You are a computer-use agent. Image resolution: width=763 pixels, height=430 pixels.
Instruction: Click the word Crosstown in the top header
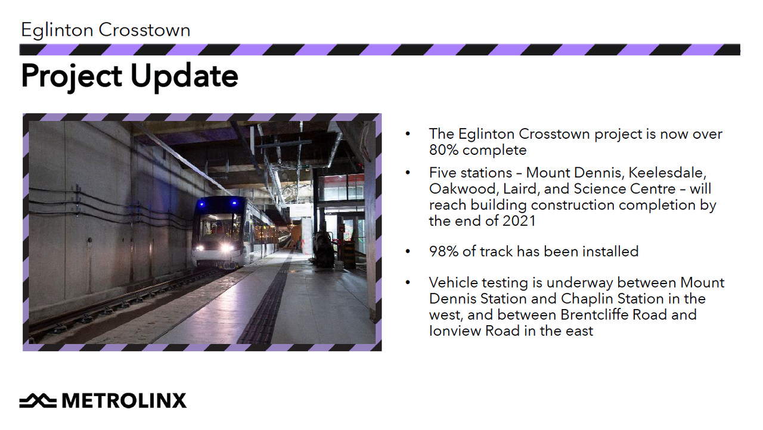[144, 30]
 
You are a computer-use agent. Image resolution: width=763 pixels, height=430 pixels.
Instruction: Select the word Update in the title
[184, 77]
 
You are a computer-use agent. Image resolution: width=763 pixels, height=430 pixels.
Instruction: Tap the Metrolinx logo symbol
[38, 400]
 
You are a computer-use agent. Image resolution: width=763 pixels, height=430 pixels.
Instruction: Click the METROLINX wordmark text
[125, 400]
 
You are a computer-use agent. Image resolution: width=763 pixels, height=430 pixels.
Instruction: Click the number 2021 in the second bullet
[519, 221]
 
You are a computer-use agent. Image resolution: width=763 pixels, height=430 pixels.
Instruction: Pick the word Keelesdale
[667, 173]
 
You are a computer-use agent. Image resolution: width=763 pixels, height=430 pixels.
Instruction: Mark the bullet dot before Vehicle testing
[408, 282]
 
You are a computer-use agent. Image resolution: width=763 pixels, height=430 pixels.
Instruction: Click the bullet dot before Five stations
[408, 173]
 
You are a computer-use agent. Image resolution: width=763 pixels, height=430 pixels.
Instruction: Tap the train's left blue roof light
[201, 204]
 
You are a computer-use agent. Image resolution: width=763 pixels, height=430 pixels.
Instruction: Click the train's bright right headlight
[227, 248]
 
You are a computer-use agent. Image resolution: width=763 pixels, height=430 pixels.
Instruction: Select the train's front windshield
[218, 227]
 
